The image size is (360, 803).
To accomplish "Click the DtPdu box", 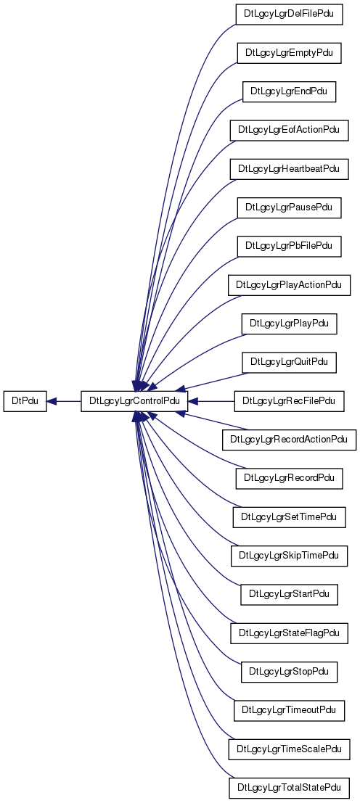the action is point(25,401).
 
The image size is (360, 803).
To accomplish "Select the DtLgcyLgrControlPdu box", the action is point(134,401).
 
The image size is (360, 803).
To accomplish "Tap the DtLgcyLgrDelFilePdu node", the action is point(289,15).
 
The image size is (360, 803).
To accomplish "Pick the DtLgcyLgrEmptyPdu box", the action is point(289,53).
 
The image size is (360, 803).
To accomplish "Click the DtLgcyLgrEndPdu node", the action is point(289,91).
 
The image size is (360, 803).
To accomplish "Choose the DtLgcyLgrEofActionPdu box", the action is point(289,131).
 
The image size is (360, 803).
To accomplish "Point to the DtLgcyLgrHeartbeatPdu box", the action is point(289,169).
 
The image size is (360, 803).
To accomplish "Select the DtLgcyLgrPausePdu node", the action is point(289,208).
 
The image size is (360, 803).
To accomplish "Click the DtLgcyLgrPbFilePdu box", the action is point(289,247).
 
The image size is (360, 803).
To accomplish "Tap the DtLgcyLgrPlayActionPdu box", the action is point(289,285).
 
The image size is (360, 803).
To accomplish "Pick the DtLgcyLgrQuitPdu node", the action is point(289,363).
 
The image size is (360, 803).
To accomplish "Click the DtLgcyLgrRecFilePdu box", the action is point(289,401).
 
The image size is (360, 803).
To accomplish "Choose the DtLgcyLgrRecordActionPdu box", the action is point(289,440).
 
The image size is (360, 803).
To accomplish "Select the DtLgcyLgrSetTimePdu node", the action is point(289,517).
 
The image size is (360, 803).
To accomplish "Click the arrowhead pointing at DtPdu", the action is point(52,402).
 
